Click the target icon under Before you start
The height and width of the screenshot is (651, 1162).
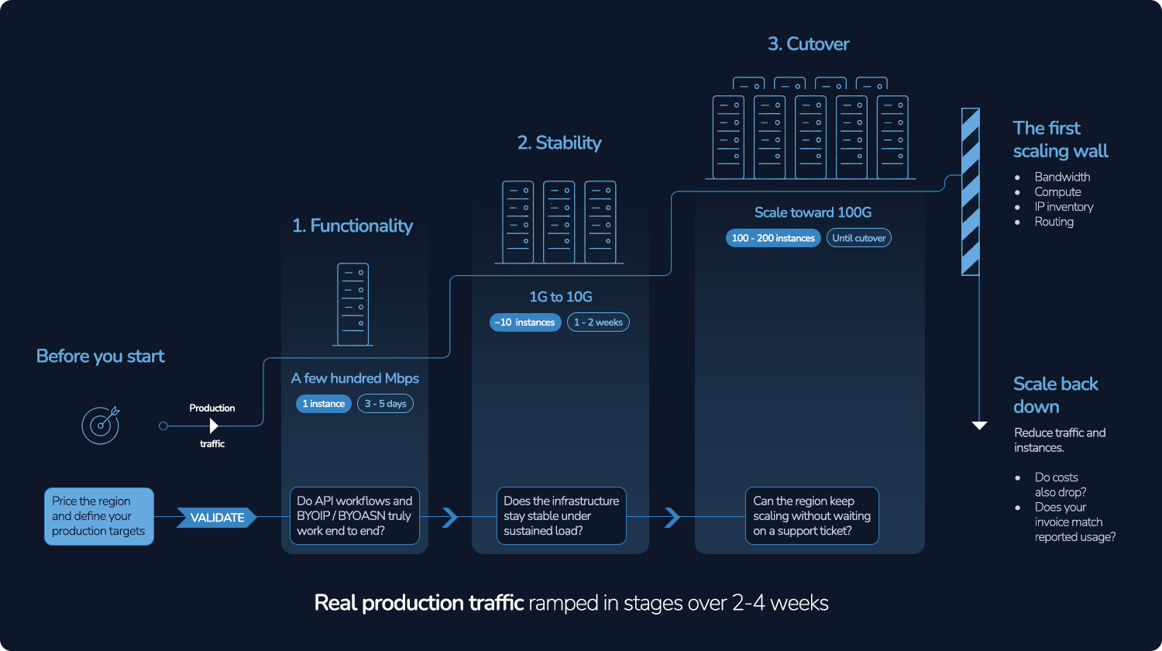pyautogui.click(x=100, y=425)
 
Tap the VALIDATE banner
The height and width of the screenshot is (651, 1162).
pyautogui.click(x=217, y=517)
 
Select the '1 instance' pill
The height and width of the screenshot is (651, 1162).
pyautogui.click(x=324, y=403)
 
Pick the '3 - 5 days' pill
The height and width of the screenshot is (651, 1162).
pyautogui.click(x=386, y=403)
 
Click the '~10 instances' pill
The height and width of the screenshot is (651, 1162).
pyautogui.click(x=525, y=322)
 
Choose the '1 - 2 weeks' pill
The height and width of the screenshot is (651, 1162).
pyautogui.click(x=598, y=322)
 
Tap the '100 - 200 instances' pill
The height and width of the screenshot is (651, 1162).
pyautogui.click(x=773, y=238)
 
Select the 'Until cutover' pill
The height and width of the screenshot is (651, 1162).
pyautogui.click(x=859, y=238)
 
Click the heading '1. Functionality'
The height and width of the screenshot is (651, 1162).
pyautogui.click(x=352, y=226)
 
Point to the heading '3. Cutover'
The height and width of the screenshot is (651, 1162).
pyautogui.click(x=808, y=43)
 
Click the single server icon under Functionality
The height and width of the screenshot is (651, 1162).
pyautogui.click(x=352, y=305)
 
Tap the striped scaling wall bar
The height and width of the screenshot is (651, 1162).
pyautogui.click(x=970, y=191)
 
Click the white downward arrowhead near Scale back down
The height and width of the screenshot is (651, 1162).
pyautogui.click(x=979, y=425)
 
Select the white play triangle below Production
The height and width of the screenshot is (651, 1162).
pyautogui.click(x=213, y=425)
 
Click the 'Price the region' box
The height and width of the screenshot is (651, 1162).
pyautogui.click(x=99, y=516)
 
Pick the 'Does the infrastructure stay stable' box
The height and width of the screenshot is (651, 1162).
pyautogui.click(x=562, y=515)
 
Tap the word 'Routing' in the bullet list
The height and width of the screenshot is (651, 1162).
pyautogui.click(x=1054, y=222)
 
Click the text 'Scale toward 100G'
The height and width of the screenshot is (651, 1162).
pyautogui.click(x=813, y=212)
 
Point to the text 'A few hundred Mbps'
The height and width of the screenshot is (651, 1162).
pyautogui.click(x=355, y=378)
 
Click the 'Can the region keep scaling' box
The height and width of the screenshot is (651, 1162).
pyautogui.click(x=812, y=515)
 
